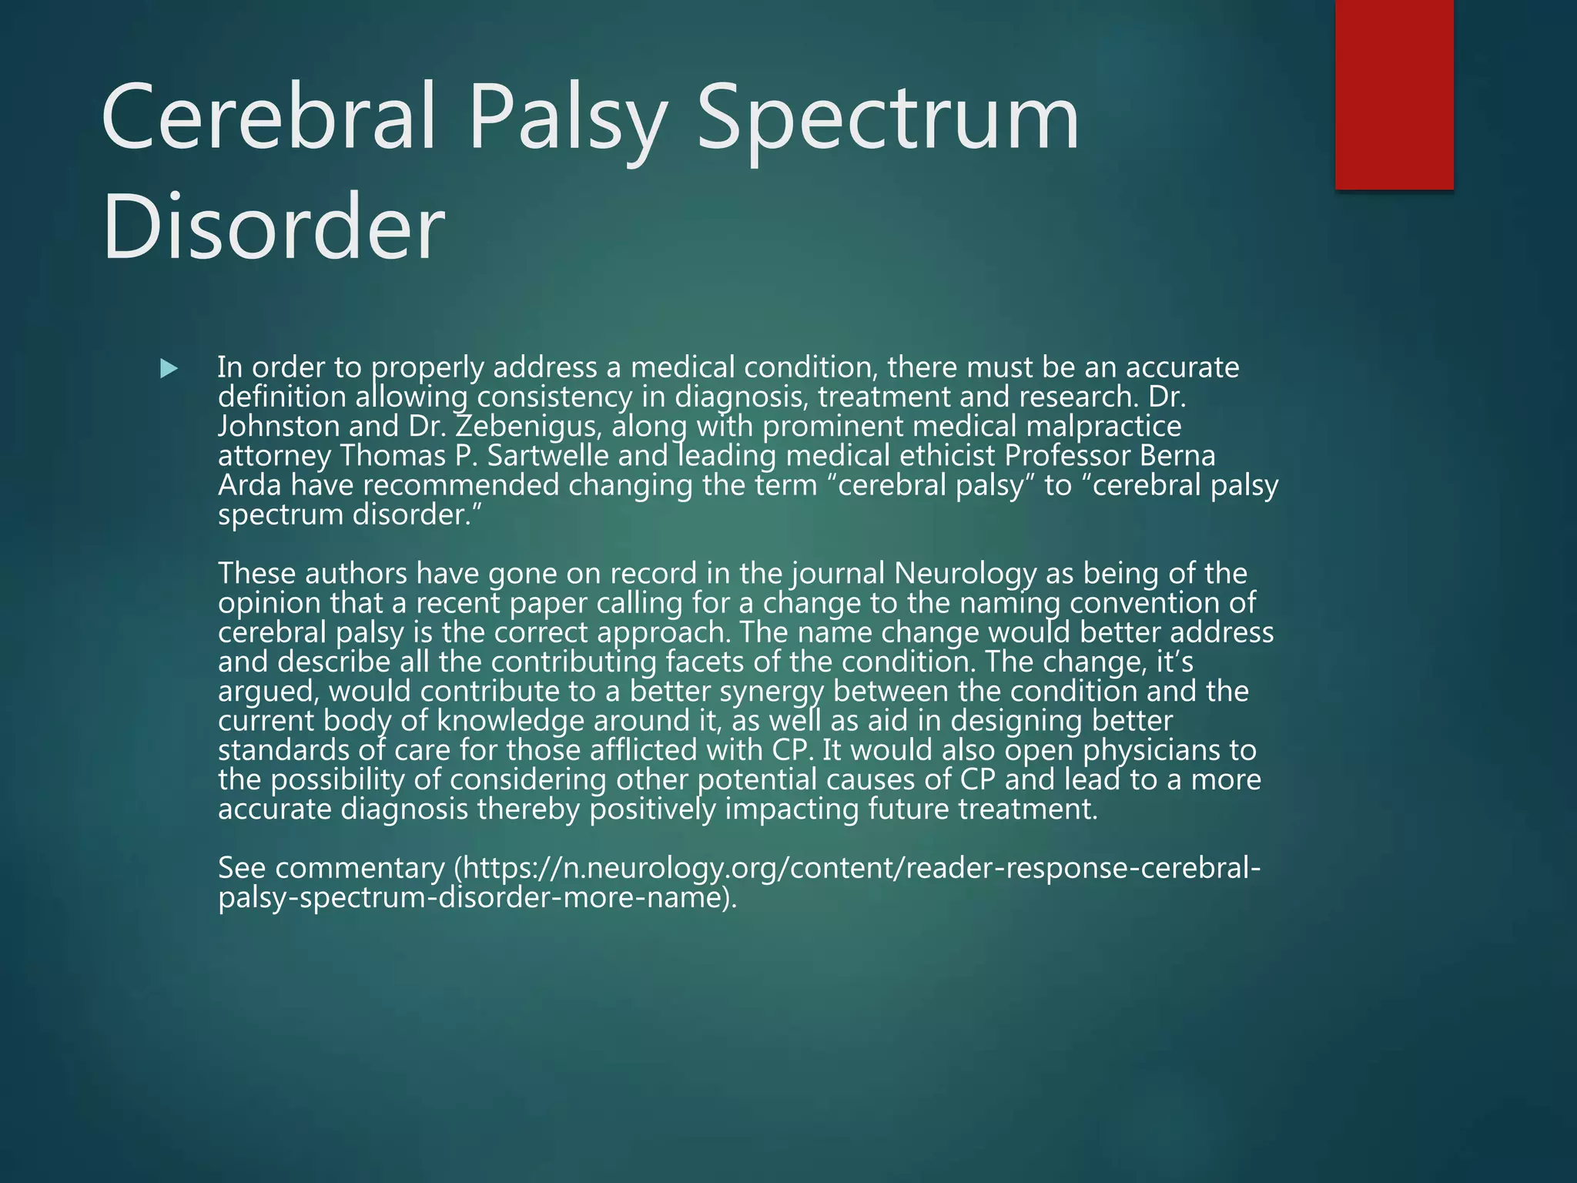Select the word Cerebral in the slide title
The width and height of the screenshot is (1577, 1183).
pyautogui.click(x=270, y=117)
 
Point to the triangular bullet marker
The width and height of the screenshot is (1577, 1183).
pyautogui.click(x=169, y=369)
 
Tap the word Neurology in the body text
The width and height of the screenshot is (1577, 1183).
pyautogui.click(x=965, y=574)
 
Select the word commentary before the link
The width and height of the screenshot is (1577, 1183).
pyautogui.click(x=360, y=869)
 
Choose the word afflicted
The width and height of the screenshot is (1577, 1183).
pyautogui.click(x=647, y=750)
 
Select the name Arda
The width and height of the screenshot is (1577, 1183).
pyautogui.click(x=249, y=486)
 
